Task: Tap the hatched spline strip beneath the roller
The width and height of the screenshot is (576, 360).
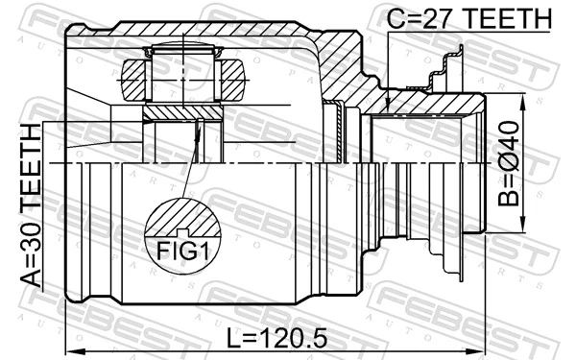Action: (x=182, y=113)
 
